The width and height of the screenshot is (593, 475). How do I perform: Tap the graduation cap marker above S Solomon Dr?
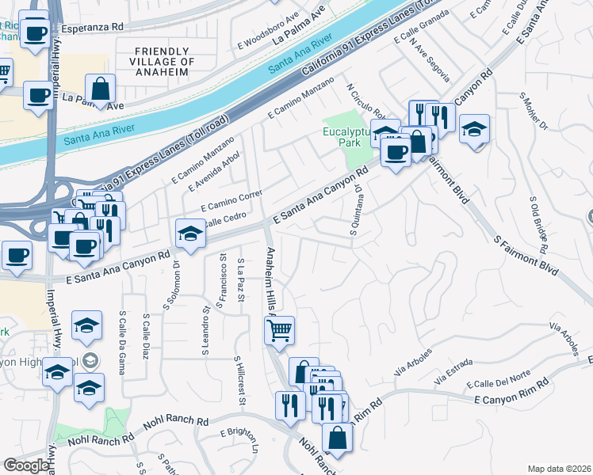pos(189,232)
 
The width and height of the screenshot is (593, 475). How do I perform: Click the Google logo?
pos(26,465)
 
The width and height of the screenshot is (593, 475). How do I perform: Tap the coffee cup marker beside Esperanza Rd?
pos(35,33)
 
